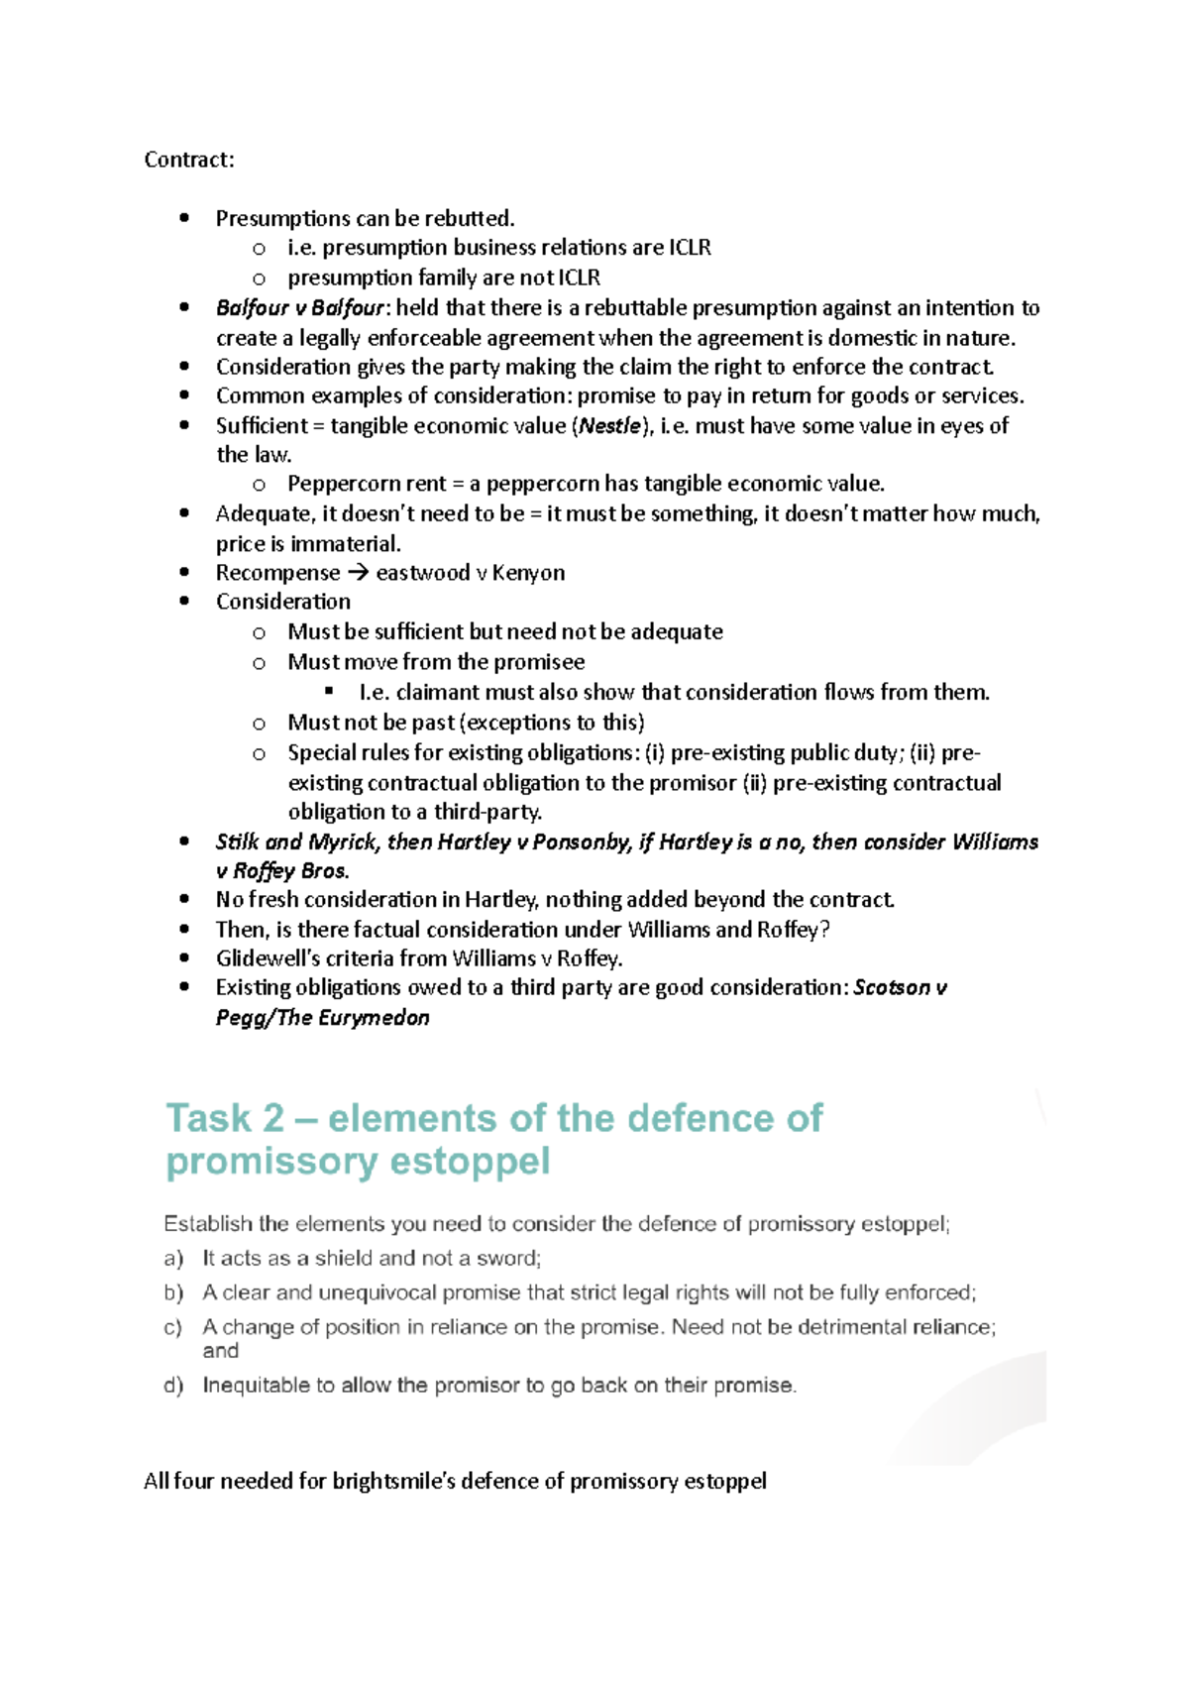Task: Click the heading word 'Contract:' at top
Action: [189, 160]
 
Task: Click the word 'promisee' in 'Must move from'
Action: [538, 662]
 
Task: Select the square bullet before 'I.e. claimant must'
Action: [330, 691]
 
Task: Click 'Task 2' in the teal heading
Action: [224, 1118]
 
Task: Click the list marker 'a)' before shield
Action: [173, 1259]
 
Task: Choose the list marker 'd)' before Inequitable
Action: [173, 1386]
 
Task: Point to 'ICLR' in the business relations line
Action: [690, 248]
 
